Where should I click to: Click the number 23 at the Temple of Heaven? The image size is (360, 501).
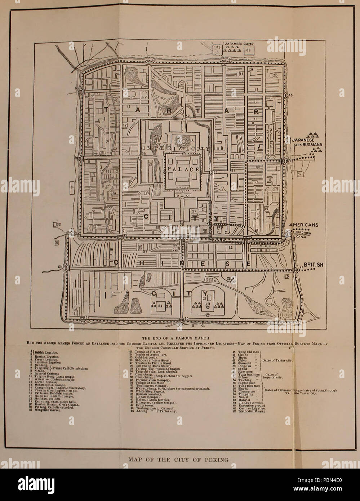coord(207,304)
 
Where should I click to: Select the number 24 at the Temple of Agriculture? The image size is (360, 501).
coord(160,306)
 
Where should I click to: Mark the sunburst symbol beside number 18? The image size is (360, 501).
coord(180,141)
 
